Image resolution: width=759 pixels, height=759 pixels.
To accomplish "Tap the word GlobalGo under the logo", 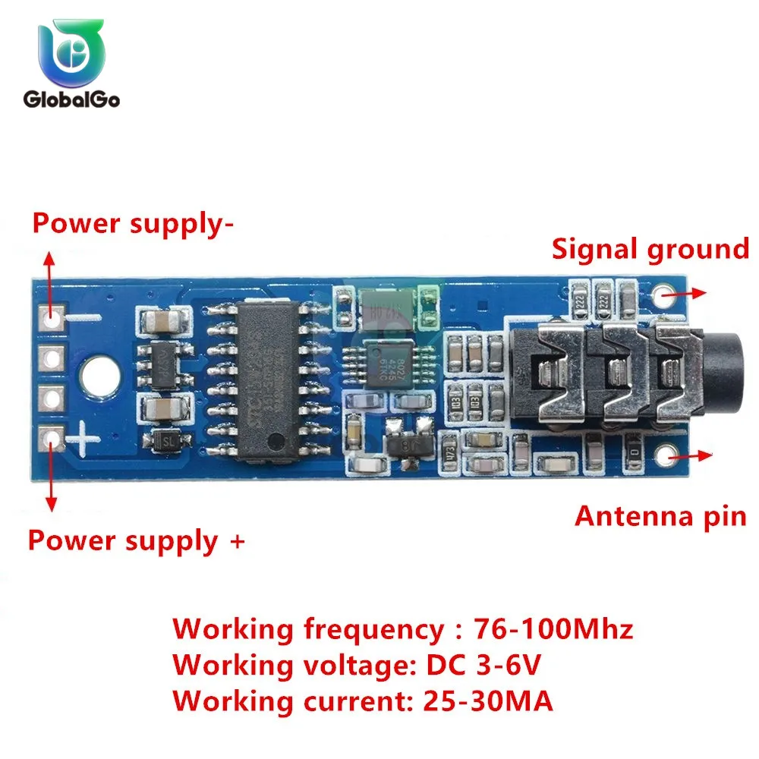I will pos(71,99).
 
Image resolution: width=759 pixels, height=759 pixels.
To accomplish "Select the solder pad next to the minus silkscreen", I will pos(52,317).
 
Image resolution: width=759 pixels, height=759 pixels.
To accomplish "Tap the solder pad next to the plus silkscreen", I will pos(52,437).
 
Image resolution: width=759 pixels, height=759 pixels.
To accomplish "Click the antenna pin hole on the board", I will pos(668,455).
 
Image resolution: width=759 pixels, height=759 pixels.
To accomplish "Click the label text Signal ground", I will pos(650,249).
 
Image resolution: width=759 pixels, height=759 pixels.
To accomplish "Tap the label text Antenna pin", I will pos(660,516).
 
